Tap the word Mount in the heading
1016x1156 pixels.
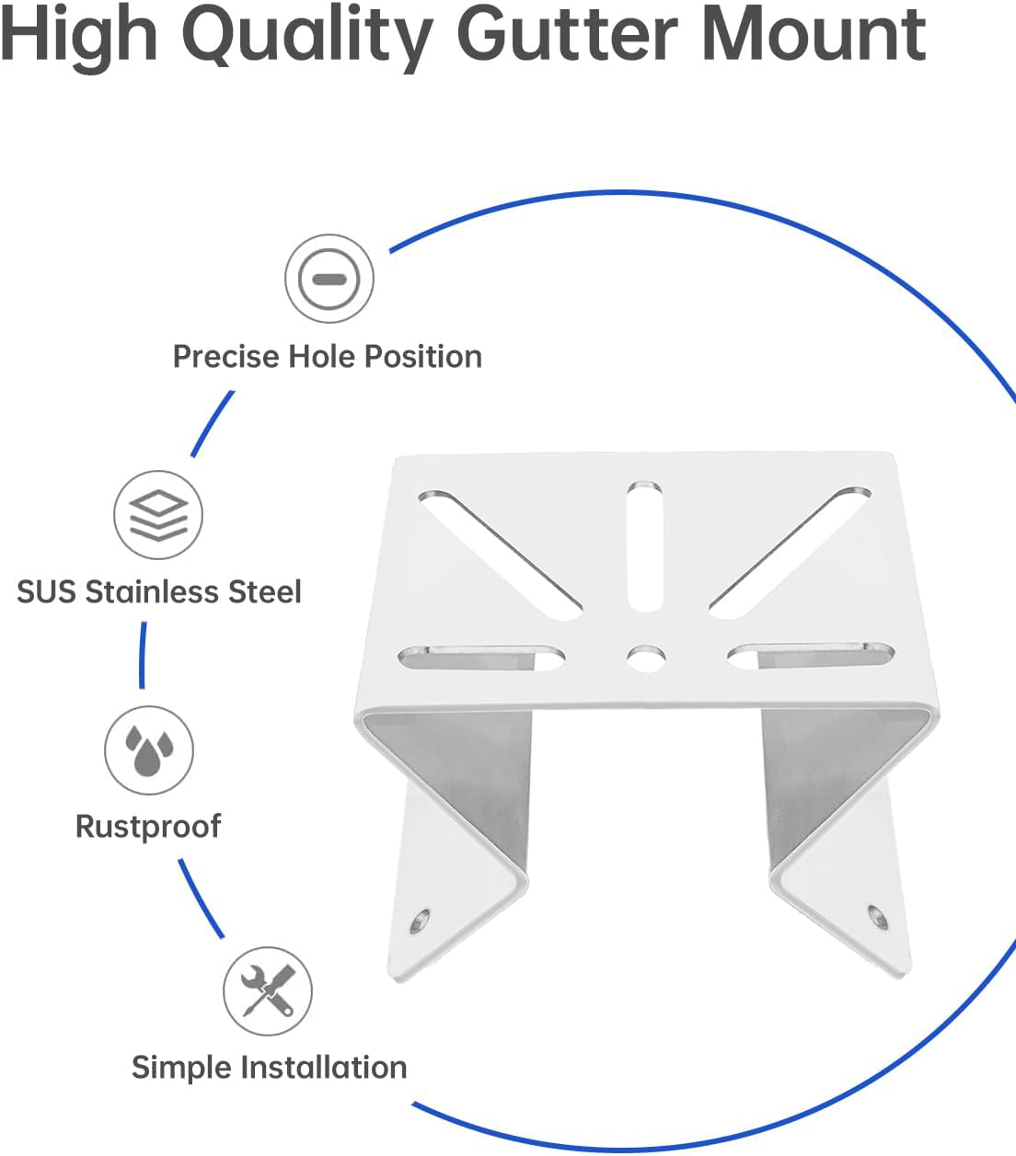(x=814, y=35)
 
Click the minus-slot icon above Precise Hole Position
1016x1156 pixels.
(x=329, y=279)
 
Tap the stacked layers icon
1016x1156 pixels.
(x=158, y=515)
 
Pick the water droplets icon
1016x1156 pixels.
(x=148, y=750)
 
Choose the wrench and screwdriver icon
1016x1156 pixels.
(x=268, y=990)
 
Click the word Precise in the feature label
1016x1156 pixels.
(x=226, y=357)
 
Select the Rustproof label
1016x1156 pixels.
(x=148, y=826)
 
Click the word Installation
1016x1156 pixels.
(x=323, y=1068)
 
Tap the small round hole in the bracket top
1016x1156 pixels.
(x=646, y=658)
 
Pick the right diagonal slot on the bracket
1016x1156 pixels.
(x=791, y=552)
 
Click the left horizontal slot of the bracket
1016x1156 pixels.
(x=481, y=658)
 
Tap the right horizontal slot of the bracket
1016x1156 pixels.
(x=811, y=656)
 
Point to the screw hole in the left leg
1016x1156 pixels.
(x=421, y=919)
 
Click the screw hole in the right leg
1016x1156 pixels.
(x=874, y=915)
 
